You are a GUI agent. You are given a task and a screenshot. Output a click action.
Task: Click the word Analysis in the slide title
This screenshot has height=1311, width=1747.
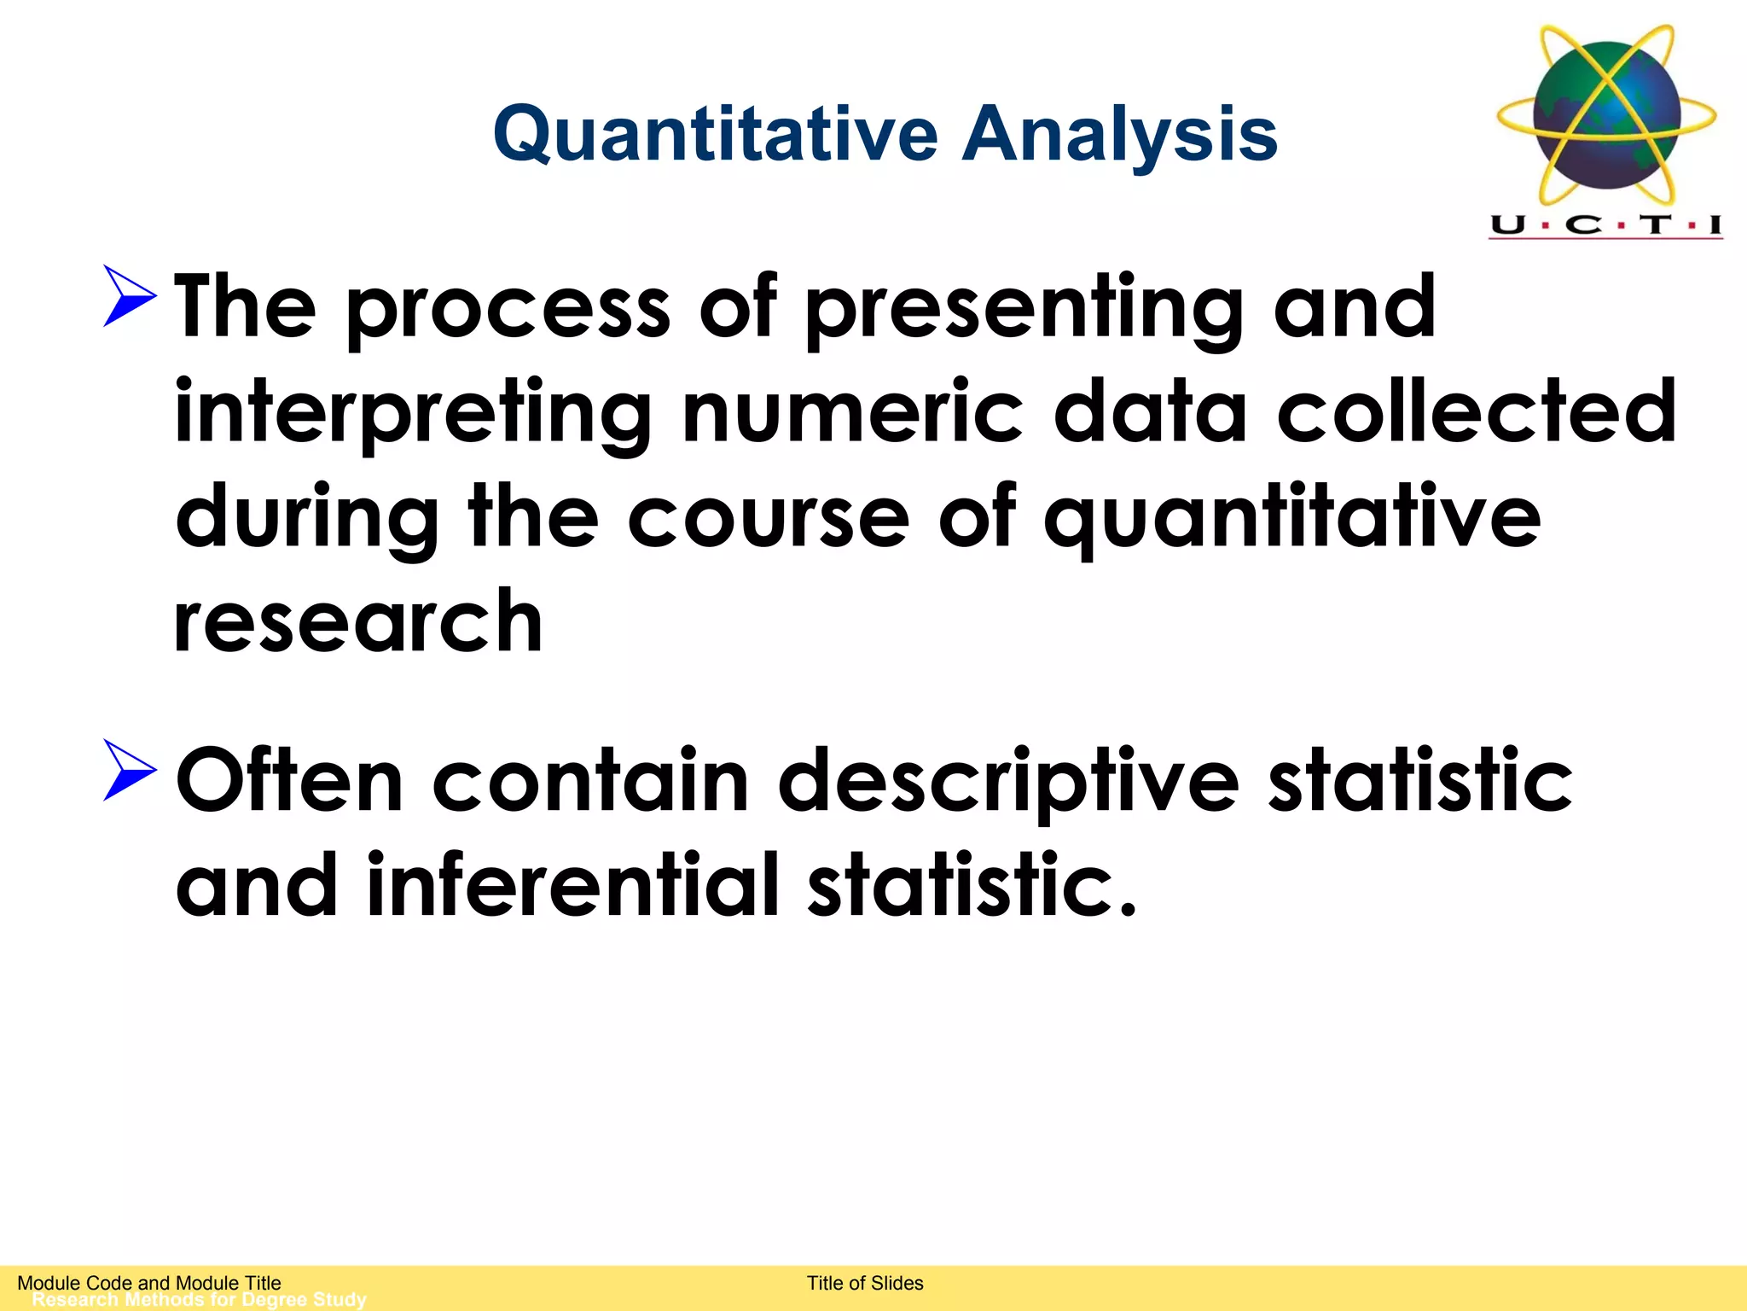tap(1119, 134)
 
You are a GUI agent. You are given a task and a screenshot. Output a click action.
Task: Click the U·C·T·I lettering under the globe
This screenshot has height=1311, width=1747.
tap(1606, 225)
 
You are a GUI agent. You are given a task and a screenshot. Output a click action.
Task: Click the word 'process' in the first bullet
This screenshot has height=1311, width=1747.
tap(508, 309)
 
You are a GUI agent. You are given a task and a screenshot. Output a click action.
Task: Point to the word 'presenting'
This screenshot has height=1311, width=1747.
tap(1024, 309)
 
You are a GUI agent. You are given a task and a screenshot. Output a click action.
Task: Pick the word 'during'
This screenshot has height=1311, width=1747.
tap(306, 519)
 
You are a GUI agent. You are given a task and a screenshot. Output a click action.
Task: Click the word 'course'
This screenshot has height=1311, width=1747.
tap(769, 519)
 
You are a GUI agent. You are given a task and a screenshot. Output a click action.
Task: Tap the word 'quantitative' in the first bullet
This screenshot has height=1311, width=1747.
tap(1292, 519)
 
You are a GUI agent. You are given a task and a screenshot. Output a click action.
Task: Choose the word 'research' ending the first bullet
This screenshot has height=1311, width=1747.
tap(358, 622)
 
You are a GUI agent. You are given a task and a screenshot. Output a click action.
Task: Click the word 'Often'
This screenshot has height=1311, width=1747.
tap(289, 780)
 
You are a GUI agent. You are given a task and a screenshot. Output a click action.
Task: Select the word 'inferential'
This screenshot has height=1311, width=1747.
tap(572, 885)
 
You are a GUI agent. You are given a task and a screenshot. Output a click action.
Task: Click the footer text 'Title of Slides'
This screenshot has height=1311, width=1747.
tap(865, 1283)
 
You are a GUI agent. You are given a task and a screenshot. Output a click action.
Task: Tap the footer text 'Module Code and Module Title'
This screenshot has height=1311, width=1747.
tap(149, 1283)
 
